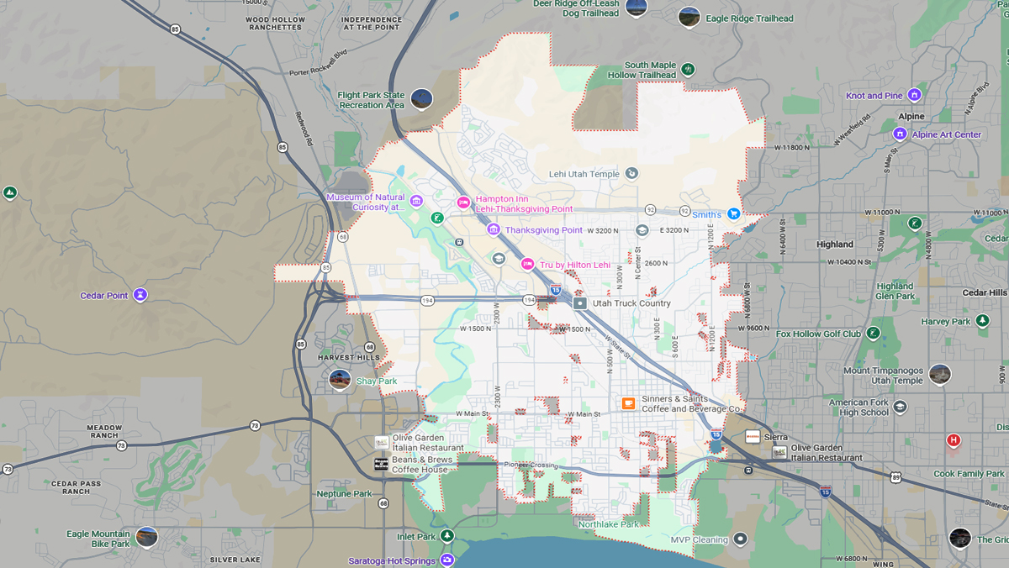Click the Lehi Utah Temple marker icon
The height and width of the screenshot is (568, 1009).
631,174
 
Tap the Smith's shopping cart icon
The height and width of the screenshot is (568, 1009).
734,214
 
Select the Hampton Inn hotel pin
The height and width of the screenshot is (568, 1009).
462,202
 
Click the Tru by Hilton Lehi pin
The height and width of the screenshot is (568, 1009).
527,264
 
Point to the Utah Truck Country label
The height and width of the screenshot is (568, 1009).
631,303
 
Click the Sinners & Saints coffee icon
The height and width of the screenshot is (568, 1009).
627,403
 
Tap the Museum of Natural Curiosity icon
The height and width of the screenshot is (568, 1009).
416,201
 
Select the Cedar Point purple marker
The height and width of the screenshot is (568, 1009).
140,295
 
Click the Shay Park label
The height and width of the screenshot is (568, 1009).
376,381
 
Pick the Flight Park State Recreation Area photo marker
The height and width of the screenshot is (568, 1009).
421,99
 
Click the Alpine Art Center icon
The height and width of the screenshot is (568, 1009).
900,134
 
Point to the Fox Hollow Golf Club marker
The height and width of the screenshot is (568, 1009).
873,334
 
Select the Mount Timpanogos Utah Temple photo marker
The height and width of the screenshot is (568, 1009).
939,374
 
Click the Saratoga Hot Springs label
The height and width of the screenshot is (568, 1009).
392,560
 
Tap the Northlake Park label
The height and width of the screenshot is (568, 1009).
608,524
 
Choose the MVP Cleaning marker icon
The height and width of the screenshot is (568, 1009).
740,539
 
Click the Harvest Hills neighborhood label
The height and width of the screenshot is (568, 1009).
348,358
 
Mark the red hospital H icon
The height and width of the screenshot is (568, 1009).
953,439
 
